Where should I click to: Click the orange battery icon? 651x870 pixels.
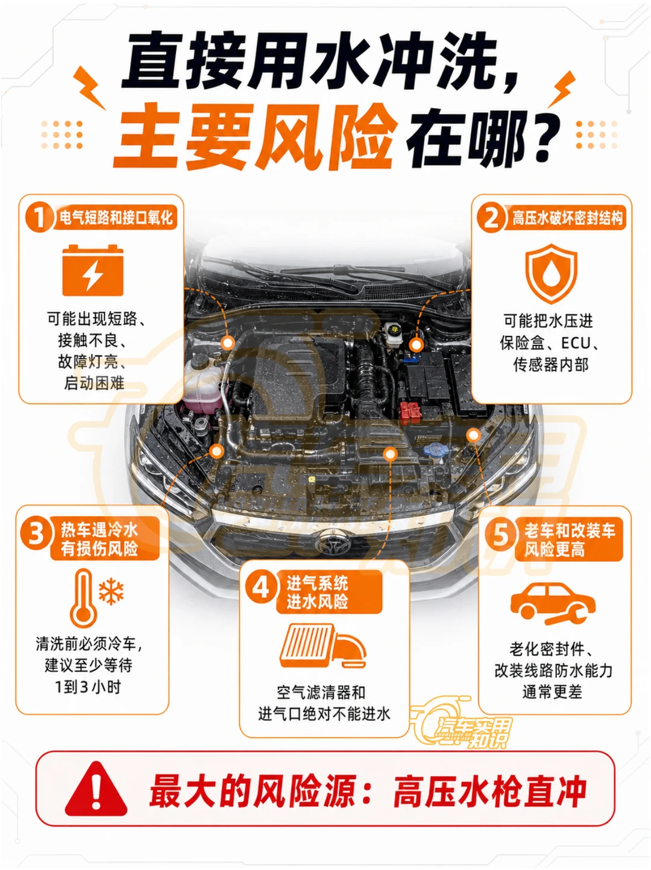[93, 270]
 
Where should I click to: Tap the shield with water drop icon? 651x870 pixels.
[551, 274]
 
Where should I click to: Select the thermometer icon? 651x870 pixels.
[84, 599]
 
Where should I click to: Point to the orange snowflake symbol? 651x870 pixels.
[111, 591]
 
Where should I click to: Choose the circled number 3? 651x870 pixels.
[36, 533]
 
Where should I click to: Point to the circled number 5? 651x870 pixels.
[500, 534]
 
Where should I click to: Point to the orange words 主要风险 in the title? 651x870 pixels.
[256, 136]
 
